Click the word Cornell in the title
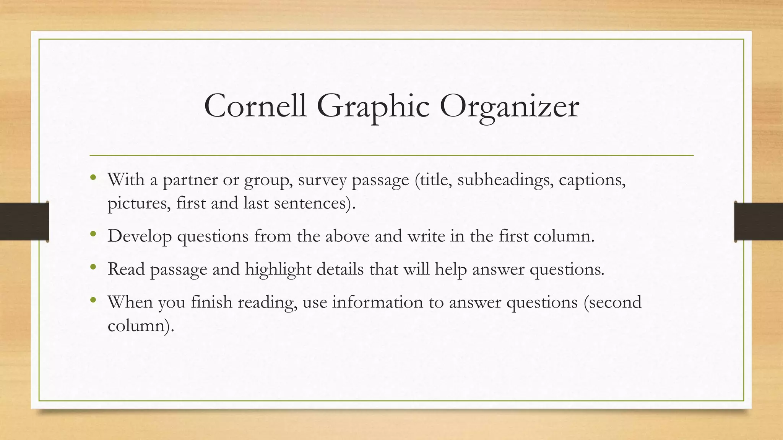pos(255,106)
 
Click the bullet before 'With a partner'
pos(93,177)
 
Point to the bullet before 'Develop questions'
pos(93,234)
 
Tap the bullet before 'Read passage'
pos(93,267)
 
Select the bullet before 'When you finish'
pos(93,300)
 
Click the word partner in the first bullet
pos(190,180)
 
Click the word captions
pos(592,180)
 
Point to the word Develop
pos(140,236)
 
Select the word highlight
pos(278,269)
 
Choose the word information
pos(377,302)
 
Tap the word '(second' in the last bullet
pos(612,302)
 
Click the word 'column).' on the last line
pos(141,325)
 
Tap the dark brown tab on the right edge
pos(759,222)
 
